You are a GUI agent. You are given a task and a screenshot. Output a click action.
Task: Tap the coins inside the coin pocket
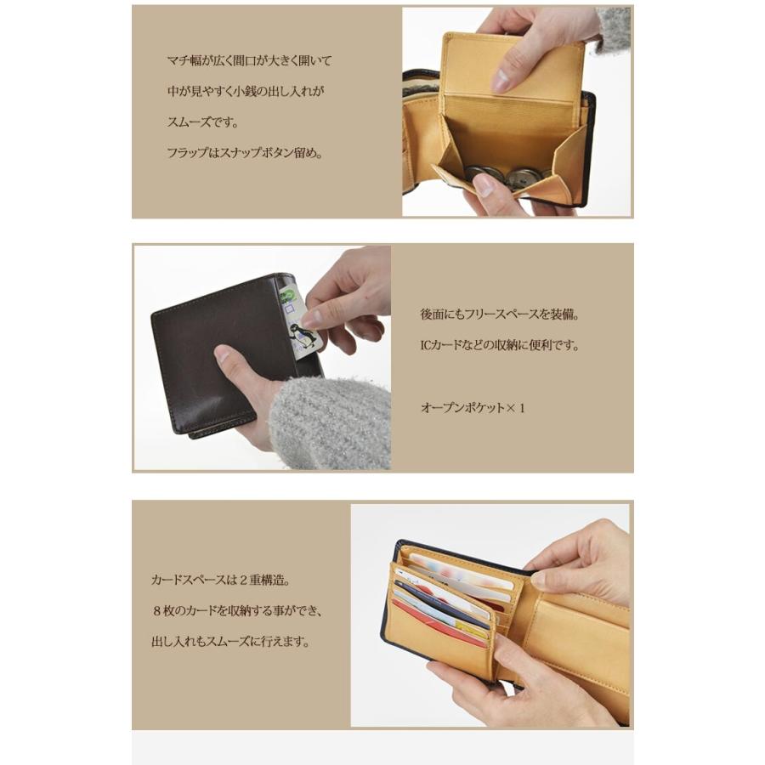(497, 174)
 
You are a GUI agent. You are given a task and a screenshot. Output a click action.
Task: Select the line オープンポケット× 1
(473, 408)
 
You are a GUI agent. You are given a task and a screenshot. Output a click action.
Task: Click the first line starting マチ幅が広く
(249, 61)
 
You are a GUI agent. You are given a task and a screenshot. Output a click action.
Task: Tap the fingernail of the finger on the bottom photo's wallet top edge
(539, 581)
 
